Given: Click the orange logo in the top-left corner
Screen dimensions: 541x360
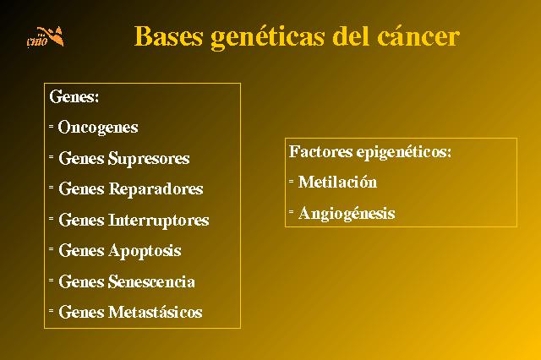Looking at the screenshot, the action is click(46, 36).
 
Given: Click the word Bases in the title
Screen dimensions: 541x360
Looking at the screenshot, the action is click(168, 35).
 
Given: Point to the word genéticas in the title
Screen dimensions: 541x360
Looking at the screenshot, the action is click(267, 37).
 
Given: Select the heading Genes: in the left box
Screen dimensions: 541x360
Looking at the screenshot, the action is click(74, 96).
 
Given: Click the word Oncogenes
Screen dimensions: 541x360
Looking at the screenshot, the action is click(98, 128).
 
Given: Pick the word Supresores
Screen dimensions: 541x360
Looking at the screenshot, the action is click(149, 159).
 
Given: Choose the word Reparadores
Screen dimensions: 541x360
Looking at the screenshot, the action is click(156, 189).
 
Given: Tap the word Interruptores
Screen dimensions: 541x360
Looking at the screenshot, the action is click(159, 221).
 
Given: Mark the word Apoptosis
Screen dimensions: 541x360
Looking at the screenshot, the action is click(145, 251).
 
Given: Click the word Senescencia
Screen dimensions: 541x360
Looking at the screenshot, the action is click(151, 281).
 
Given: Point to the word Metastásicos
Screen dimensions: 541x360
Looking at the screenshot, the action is click(156, 312).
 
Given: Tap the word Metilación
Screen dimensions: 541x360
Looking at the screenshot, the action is click(337, 182).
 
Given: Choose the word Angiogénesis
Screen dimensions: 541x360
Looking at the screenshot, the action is click(347, 214).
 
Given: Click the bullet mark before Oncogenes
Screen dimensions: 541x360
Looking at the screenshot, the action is click(51, 127).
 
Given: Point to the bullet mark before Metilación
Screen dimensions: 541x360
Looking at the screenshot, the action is click(291, 181).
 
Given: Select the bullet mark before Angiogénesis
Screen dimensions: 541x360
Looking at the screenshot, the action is click(291, 211).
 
